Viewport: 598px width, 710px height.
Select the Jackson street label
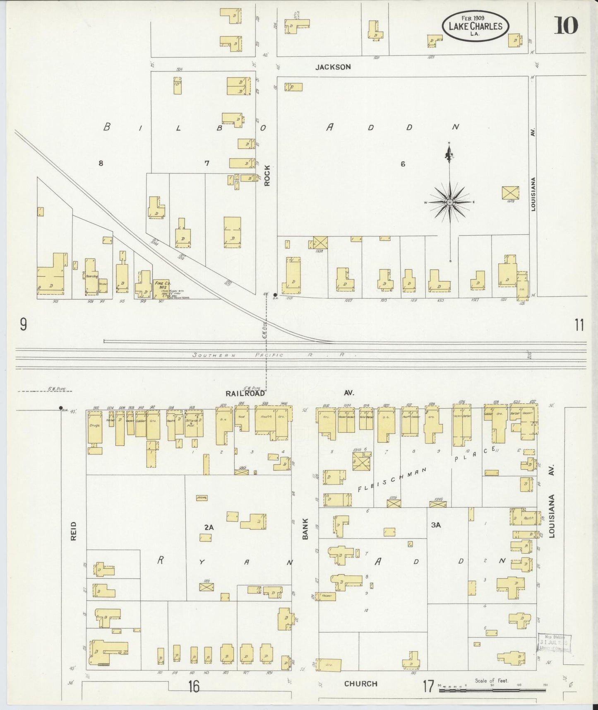[333, 67]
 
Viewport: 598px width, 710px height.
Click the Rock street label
[267, 175]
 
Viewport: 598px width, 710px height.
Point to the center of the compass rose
[450, 202]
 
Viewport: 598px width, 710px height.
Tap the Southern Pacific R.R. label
[269, 355]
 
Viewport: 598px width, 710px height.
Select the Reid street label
[74, 531]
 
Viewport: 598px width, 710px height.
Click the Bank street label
[305, 529]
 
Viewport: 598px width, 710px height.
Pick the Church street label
[360, 683]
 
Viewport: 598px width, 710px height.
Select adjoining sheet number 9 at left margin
[23, 325]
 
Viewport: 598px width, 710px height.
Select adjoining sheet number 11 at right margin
[579, 326]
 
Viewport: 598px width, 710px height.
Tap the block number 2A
[209, 527]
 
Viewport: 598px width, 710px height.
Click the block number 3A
[436, 525]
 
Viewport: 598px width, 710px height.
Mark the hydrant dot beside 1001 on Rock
[275, 295]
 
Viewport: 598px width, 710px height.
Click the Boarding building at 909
[91, 275]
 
